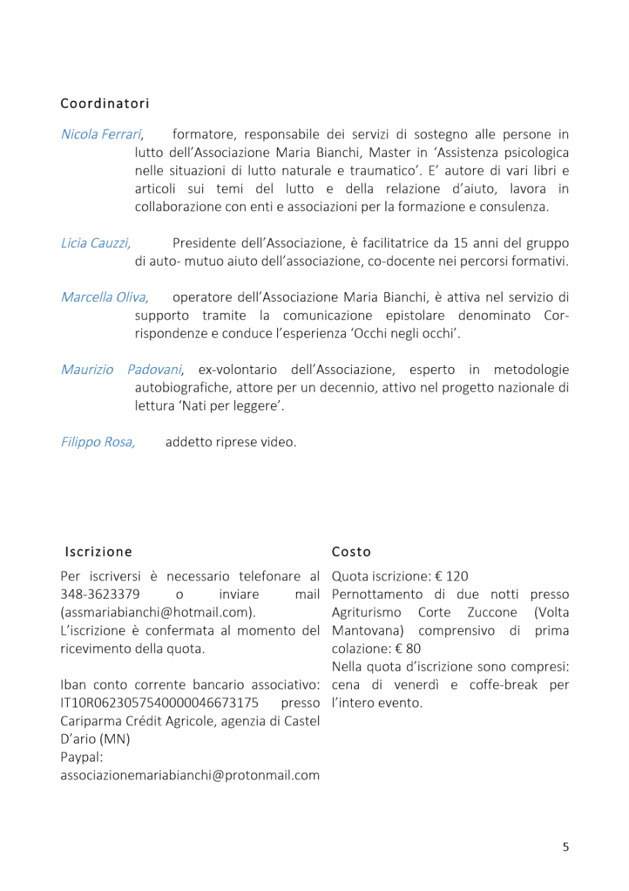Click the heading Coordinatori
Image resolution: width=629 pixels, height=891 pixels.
[105, 104]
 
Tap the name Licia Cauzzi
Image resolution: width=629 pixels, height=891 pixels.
[95, 243]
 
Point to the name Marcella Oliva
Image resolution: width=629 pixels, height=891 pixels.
[104, 297]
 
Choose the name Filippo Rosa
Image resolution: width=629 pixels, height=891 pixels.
[98, 442]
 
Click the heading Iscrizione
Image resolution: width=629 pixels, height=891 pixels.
[98, 552]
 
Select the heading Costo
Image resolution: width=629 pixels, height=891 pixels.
[351, 552]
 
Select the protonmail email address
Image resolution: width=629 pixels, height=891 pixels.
[190, 775]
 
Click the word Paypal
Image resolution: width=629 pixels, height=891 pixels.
[81, 757]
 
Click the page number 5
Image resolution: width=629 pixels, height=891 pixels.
[565, 847]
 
